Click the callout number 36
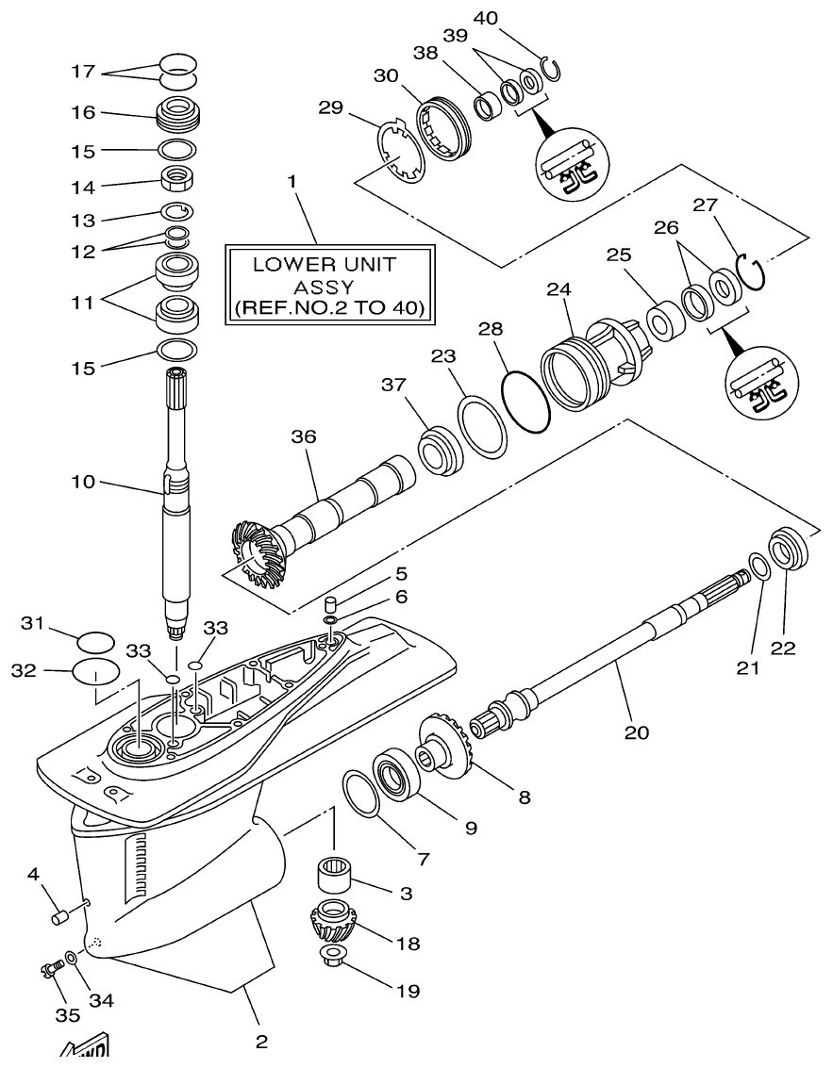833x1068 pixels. [x=304, y=436]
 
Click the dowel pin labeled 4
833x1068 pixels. [x=60, y=915]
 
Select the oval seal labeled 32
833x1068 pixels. [x=95, y=675]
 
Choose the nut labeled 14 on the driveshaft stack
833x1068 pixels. [x=177, y=177]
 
